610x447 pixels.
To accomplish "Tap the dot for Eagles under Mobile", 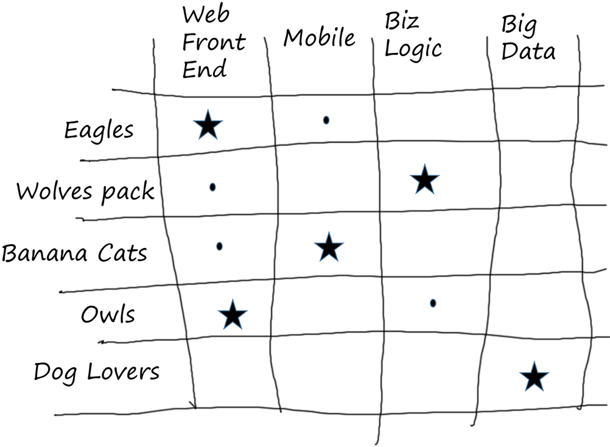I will coord(326,121).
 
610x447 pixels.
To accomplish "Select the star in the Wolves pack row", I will coord(424,180).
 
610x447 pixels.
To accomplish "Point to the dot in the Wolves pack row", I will coord(212,187).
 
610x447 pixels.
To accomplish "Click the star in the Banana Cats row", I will coord(329,247).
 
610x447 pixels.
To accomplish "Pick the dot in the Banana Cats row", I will coord(219,246).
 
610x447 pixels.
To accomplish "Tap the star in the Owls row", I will coord(233,315).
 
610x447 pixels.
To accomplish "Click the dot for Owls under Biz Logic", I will coord(433,303).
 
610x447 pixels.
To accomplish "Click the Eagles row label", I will coord(99,130).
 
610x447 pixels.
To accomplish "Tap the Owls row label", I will coord(108,315).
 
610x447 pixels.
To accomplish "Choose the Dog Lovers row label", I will coord(97,372).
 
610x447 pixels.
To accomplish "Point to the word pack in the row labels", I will coord(128,192).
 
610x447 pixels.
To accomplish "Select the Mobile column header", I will coord(320,38).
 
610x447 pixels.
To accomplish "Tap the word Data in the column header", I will coord(528,52).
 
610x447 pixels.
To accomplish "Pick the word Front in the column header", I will coord(214,43).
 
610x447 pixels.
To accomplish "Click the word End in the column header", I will coord(204,69).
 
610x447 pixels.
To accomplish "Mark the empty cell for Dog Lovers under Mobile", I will coord(329,371).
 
